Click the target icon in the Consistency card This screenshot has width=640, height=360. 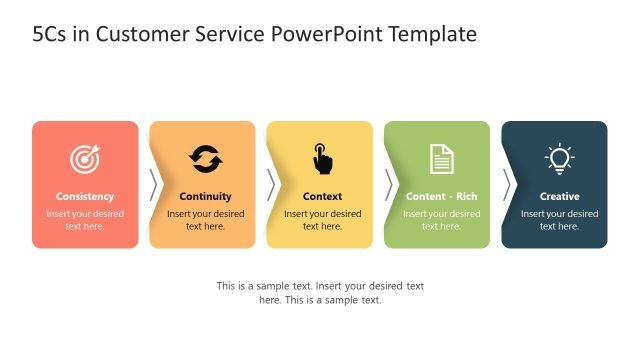click(x=85, y=159)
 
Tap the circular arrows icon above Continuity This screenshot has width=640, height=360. click(x=205, y=159)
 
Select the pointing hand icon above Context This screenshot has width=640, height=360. click(x=322, y=159)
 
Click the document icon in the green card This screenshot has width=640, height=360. click(x=441, y=159)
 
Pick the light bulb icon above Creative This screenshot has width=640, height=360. click(x=559, y=159)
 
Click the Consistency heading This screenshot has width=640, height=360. click(x=85, y=197)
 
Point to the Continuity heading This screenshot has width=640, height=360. click(x=205, y=197)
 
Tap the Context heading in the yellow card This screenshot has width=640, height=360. click(x=322, y=197)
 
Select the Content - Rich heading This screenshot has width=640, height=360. click(x=441, y=197)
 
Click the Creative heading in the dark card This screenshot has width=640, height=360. click(x=559, y=197)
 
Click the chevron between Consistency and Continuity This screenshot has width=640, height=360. click(x=154, y=185)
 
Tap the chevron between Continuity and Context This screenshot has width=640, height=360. click(x=271, y=185)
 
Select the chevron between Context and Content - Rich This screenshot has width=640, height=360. click(x=389, y=185)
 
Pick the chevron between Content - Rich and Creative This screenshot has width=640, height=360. click(x=507, y=185)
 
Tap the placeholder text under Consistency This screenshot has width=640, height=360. click(x=85, y=220)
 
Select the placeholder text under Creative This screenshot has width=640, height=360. click(x=559, y=220)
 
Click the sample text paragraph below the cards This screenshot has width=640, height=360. click(x=320, y=293)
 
